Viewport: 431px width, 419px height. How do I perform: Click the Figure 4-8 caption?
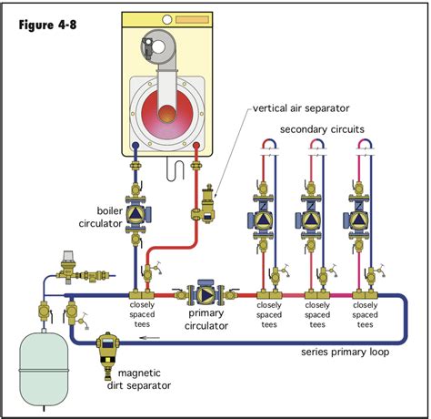pyautogui.click(x=47, y=24)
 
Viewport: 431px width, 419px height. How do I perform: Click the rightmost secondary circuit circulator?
pyautogui.click(x=355, y=220)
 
